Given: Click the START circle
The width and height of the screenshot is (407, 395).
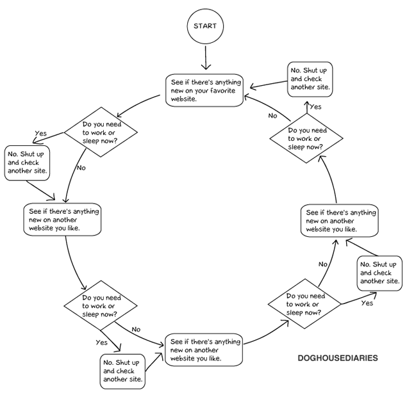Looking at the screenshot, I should point(205,27).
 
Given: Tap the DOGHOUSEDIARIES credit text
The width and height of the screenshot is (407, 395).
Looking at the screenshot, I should point(338,358).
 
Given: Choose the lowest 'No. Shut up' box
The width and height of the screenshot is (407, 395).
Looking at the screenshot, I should point(122,371).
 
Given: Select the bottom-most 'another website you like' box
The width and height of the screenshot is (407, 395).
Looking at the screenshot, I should point(204,350).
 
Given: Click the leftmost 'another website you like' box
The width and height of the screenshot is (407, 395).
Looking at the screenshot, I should point(63,220).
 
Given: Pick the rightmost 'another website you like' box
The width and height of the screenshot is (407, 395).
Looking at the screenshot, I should point(340,220).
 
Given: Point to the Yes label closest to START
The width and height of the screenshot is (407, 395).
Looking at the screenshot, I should point(315,107).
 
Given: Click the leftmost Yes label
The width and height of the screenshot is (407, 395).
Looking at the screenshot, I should point(41,134).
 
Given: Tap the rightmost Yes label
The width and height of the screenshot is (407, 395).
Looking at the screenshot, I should point(367,303).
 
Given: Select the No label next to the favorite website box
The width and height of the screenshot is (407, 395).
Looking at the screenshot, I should point(272,116).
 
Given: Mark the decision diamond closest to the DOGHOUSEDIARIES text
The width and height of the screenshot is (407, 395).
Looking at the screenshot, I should point(305,305).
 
